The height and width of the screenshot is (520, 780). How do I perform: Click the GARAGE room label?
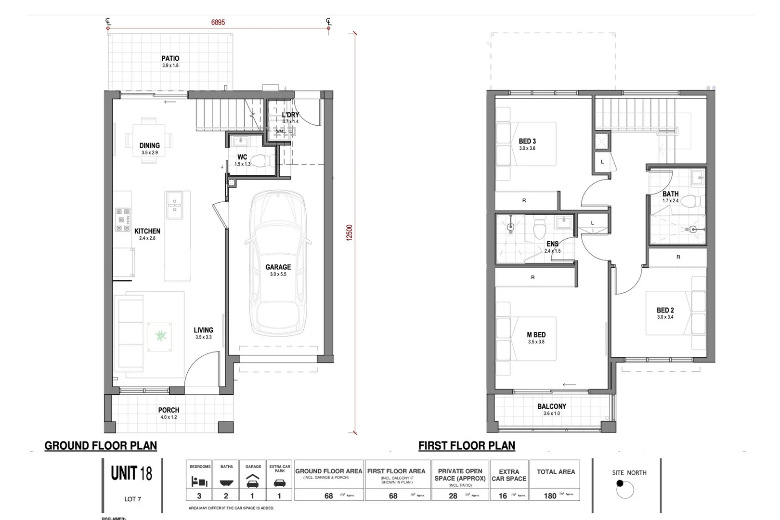[x=278, y=267]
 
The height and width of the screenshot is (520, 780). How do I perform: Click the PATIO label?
[x=170, y=59]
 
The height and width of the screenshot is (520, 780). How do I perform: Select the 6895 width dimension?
[x=218, y=22]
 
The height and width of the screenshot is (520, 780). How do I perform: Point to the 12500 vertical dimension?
[x=350, y=233]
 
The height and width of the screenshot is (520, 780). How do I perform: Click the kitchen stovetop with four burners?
[x=123, y=220]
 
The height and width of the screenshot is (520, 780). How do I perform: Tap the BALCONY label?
[x=552, y=406]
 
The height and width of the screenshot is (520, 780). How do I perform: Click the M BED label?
[x=536, y=335]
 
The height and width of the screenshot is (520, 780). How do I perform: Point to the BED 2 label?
[x=665, y=310]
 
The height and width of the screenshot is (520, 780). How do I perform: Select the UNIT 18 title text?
[x=131, y=473]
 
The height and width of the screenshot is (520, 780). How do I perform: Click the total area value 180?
[x=550, y=495]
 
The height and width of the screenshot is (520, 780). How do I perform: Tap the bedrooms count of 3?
[x=199, y=495]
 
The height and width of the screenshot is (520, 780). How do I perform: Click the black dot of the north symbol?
[x=620, y=483]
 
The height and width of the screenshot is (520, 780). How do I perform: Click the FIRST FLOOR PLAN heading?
[x=466, y=446]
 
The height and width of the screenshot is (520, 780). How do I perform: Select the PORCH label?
[x=169, y=410]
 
